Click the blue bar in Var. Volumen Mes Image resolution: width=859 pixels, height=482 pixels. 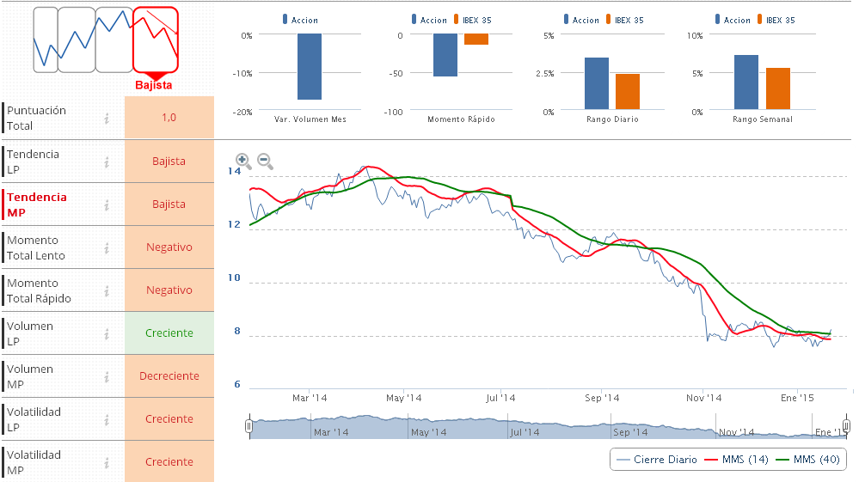pos(310,67)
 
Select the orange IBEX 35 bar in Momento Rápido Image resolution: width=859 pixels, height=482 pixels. pos(476,40)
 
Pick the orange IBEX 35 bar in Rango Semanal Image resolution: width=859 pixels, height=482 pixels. pos(777,89)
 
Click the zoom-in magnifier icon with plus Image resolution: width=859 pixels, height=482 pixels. pos(243,161)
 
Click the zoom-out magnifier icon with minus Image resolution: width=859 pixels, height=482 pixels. pos(265,161)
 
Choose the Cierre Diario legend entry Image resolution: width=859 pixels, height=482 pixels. pos(657,459)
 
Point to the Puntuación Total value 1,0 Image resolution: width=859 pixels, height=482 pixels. pos(169,118)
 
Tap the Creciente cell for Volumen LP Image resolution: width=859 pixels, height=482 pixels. pos(169,333)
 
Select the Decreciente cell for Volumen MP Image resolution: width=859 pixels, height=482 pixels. pos(169,375)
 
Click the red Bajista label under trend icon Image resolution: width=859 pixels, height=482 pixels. pos(154,85)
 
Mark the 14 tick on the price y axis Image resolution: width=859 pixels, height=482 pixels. pos(235,172)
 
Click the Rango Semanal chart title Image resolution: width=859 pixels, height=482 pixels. pos(762,119)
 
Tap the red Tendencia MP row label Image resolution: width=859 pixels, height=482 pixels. pos(37,204)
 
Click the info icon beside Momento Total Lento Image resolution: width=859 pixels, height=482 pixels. pos(107,248)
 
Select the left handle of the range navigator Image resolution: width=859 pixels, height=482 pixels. pos(249,425)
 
